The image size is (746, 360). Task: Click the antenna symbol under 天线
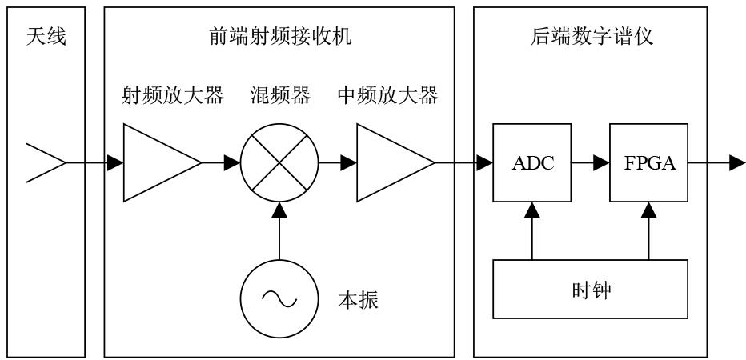[45, 162]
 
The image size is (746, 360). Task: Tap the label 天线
[46, 37]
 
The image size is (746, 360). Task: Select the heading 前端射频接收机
[280, 37]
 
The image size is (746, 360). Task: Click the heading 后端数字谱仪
[592, 37]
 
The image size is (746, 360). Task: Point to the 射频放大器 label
[173, 96]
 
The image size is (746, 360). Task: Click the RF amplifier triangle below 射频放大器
[162, 162]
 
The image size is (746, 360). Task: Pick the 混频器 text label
[280, 96]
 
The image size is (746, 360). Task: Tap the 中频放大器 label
[387, 96]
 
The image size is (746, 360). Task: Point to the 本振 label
[358, 301]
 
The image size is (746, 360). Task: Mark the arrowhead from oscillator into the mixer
[279, 210]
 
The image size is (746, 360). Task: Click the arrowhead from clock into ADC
[532, 210]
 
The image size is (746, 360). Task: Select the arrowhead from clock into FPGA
[649, 210]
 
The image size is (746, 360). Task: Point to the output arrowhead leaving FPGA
[737, 162]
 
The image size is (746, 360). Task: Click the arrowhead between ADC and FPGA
[602, 162]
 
